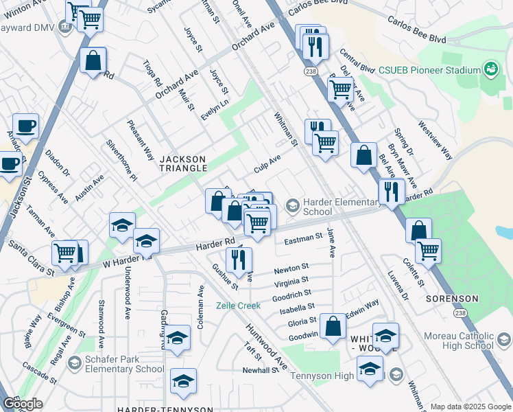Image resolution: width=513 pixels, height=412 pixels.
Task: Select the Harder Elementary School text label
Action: point(342,207)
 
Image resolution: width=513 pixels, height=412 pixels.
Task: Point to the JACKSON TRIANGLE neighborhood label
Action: point(183,163)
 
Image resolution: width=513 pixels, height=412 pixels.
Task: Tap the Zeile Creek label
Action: point(239,305)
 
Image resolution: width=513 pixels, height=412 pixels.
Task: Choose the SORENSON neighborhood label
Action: point(451,299)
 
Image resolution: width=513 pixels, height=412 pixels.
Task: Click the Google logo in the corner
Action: point(22,404)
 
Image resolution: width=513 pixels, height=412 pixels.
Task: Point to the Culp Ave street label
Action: point(267,163)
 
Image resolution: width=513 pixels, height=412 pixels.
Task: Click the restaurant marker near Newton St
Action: point(239,259)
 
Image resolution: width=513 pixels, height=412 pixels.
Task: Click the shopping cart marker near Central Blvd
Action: point(340,89)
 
